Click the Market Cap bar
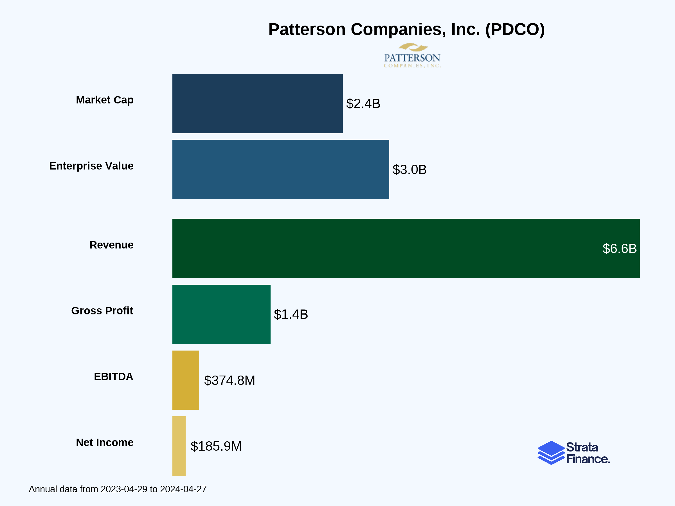pos(257,103)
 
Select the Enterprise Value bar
pos(280,169)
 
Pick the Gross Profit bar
pos(221,314)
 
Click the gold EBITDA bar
pos(186,380)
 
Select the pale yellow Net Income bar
pos(179,446)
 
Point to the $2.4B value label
pos(363,104)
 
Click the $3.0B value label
pos(409,170)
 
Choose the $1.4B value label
pos(291,315)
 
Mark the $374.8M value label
pos(229,380)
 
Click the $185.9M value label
pos(216,446)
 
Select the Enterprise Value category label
pos(91,166)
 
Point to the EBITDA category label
pos(113,377)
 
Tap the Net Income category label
pos(104,442)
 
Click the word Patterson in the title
pos(307,30)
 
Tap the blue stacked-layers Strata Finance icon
pos(551,453)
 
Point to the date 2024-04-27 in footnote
pos(183,489)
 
